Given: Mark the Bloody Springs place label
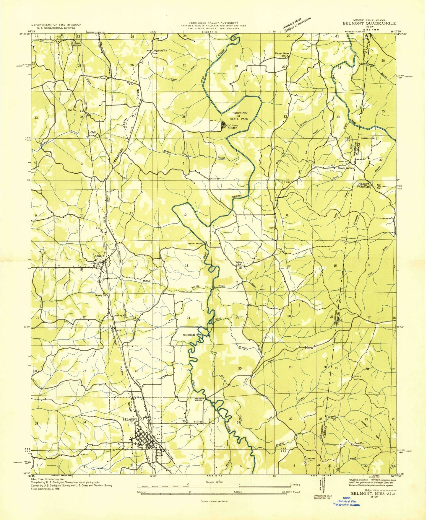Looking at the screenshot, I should point(345,168).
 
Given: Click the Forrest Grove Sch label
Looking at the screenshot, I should point(282,54).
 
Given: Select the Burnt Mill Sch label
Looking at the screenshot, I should point(77,44).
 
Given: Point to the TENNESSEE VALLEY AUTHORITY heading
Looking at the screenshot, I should point(214,23).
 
